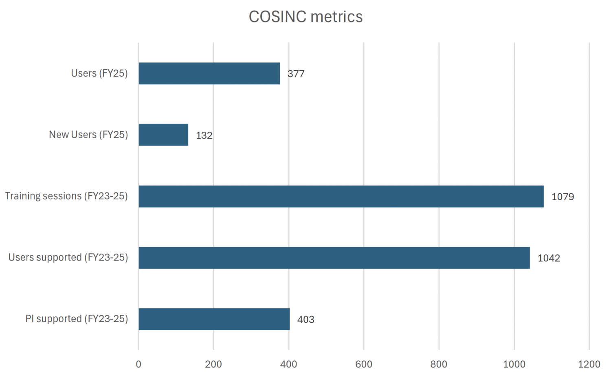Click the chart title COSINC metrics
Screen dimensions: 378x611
(x=305, y=17)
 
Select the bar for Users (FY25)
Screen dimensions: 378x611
(x=209, y=73)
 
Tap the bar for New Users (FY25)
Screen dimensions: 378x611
(x=163, y=135)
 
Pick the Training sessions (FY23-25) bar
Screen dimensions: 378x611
(x=341, y=197)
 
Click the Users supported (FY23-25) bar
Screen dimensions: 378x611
(x=334, y=258)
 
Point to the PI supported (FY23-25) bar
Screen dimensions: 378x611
(x=214, y=319)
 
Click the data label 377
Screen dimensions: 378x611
(x=296, y=74)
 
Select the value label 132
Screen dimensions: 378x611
(x=204, y=135)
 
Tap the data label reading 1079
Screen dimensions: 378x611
(x=563, y=197)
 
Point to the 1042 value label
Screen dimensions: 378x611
(x=549, y=258)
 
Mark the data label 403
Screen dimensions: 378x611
(x=305, y=320)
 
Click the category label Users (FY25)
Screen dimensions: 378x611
(x=99, y=73)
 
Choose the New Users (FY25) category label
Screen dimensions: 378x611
(x=88, y=135)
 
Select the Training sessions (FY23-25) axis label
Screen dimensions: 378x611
(x=66, y=196)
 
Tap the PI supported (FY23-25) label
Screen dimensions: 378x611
(x=77, y=319)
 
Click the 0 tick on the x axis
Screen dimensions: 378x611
(x=138, y=364)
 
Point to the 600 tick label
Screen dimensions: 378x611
(x=364, y=364)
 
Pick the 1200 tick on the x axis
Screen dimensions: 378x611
(x=589, y=364)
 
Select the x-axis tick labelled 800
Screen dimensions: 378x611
(x=439, y=364)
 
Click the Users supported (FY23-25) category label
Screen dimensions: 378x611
(x=68, y=258)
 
